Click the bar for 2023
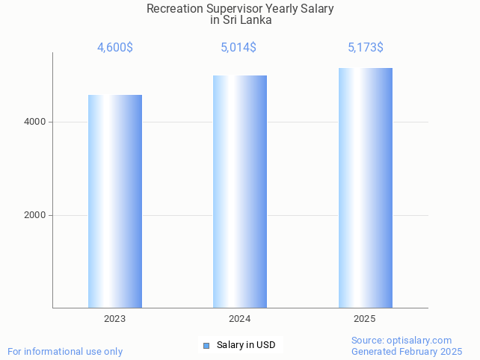(115, 201)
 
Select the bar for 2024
(240, 191)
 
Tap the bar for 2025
(365, 187)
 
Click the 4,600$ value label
(115, 48)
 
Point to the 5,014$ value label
(239, 48)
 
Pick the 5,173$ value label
(366, 48)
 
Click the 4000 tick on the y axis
(35, 122)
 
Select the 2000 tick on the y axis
(35, 215)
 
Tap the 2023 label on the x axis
(115, 319)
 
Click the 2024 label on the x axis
(240, 319)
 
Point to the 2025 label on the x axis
(365, 319)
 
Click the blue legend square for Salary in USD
(206, 345)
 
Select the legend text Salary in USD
(246, 345)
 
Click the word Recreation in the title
(175, 9)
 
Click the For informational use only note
(65, 351)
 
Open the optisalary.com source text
(422, 341)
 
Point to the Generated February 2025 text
(407, 351)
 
